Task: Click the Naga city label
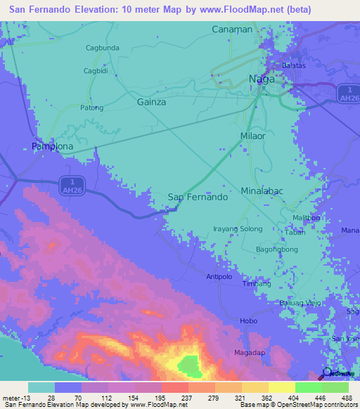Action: click(x=262, y=79)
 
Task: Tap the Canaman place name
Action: click(x=232, y=29)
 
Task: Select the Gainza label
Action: click(x=151, y=102)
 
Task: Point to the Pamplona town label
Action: click(x=53, y=146)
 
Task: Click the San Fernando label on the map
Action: click(x=198, y=197)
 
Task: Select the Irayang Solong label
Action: click(x=238, y=229)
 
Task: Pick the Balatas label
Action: click(x=293, y=65)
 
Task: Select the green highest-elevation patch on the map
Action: click(x=188, y=365)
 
